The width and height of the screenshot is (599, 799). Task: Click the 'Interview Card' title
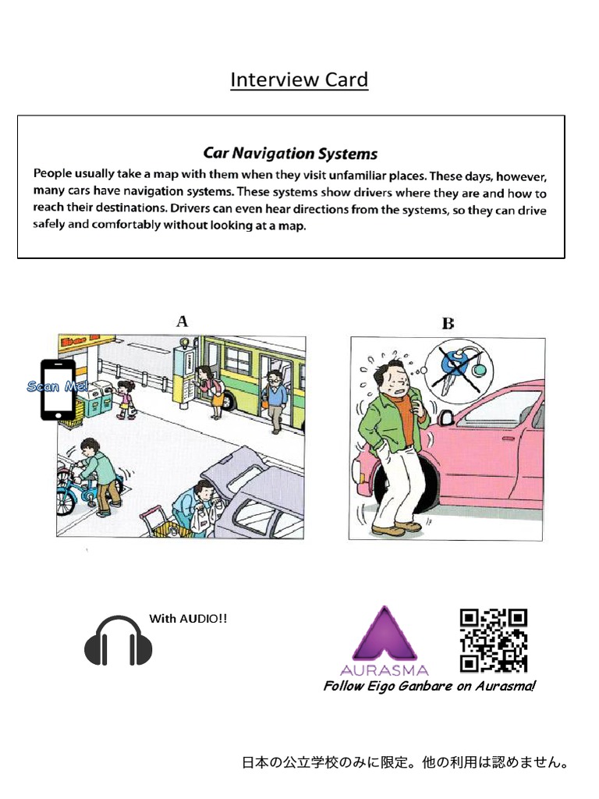(299, 80)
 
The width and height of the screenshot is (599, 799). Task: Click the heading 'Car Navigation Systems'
(290, 153)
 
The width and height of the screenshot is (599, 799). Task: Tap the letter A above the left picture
(183, 321)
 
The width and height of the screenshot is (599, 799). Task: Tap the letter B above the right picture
(448, 323)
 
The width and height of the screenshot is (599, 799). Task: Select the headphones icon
(118, 641)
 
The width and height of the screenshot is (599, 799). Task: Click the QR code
(493, 641)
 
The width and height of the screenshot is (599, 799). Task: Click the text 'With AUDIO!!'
(188, 619)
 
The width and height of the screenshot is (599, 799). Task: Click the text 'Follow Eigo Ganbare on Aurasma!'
(429, 686)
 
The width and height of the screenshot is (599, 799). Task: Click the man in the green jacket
(389, 445)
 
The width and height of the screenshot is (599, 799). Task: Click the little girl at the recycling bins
(125, 398)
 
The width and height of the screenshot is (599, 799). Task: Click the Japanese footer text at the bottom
(405, 762)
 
